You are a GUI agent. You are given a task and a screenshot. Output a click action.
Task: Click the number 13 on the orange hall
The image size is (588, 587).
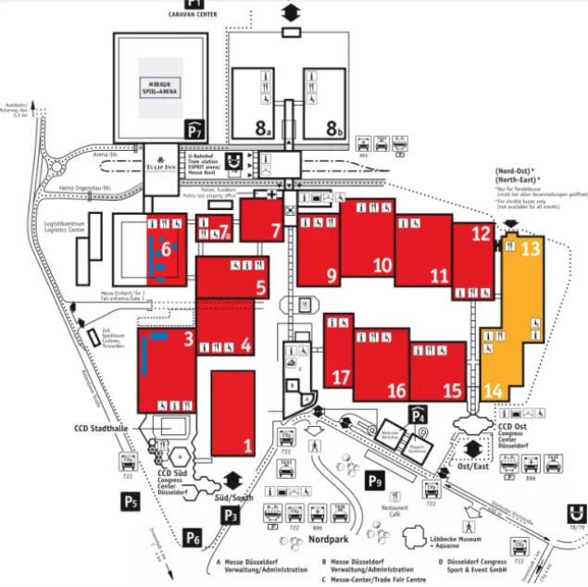coord(530,248)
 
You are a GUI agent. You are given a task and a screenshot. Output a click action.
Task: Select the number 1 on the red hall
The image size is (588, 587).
coord(247,445)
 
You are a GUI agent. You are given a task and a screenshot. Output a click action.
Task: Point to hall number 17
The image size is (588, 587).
coord(342,377)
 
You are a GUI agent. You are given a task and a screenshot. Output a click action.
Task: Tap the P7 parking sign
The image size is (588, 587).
coord(194,129)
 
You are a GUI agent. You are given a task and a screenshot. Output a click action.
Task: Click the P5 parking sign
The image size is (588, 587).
coord(131,502)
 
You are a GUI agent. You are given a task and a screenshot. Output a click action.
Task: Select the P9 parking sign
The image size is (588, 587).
coord(375,480)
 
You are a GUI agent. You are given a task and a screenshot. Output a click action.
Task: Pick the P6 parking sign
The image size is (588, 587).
coord(193,536)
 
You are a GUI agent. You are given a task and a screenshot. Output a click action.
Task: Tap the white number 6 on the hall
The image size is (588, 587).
coord(167,248)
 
